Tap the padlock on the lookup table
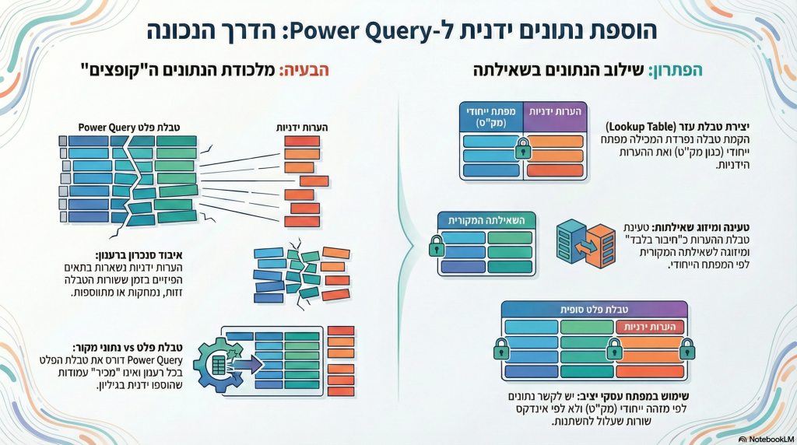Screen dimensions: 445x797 pos(522,146)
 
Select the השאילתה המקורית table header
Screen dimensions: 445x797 pos(487,220)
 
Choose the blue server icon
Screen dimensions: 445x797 pos(571,240)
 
